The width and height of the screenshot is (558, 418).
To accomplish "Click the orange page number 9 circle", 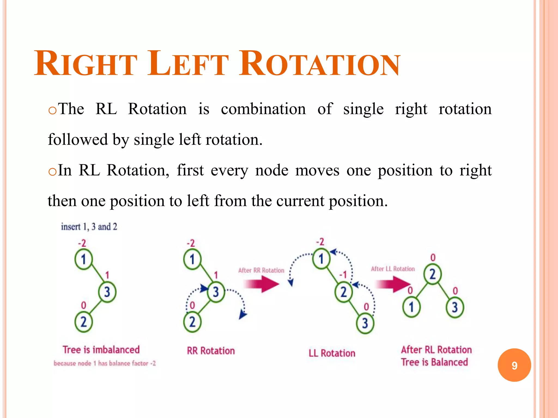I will coord(514,365).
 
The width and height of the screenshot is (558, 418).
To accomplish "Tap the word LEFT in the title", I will coord(188,64).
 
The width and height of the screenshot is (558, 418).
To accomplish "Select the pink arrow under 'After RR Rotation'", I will coord(261,284).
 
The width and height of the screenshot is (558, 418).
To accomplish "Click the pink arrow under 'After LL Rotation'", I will coord(393,284).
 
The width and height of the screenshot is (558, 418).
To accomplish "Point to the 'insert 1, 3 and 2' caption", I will coord(89,226).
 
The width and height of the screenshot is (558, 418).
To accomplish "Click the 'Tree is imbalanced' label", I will coord(101,350).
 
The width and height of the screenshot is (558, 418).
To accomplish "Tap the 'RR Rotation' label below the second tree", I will coord(211,351).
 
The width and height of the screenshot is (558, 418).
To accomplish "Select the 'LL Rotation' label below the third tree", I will coord(332,353).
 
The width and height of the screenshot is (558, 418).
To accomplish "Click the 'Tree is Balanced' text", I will coord(434,362).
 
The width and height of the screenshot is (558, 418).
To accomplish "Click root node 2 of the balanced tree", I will coord(432,274).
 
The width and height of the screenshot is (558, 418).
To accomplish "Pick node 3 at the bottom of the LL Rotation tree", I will coord(365,323).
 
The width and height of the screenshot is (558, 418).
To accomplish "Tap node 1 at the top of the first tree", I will coord(84,259).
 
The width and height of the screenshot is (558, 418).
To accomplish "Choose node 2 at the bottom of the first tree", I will coord(84,322).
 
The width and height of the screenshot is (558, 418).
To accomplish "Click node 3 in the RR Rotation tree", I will coord(216,292).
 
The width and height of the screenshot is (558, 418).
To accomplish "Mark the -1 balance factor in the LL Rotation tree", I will coord(343,275).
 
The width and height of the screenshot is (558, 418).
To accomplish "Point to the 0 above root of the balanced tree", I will coord(433,257).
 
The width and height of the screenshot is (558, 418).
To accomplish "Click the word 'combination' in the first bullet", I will coord(263,109).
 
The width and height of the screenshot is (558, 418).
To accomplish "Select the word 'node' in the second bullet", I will coord(272,170).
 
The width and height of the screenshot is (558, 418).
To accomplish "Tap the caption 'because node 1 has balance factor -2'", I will coord(105,363).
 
